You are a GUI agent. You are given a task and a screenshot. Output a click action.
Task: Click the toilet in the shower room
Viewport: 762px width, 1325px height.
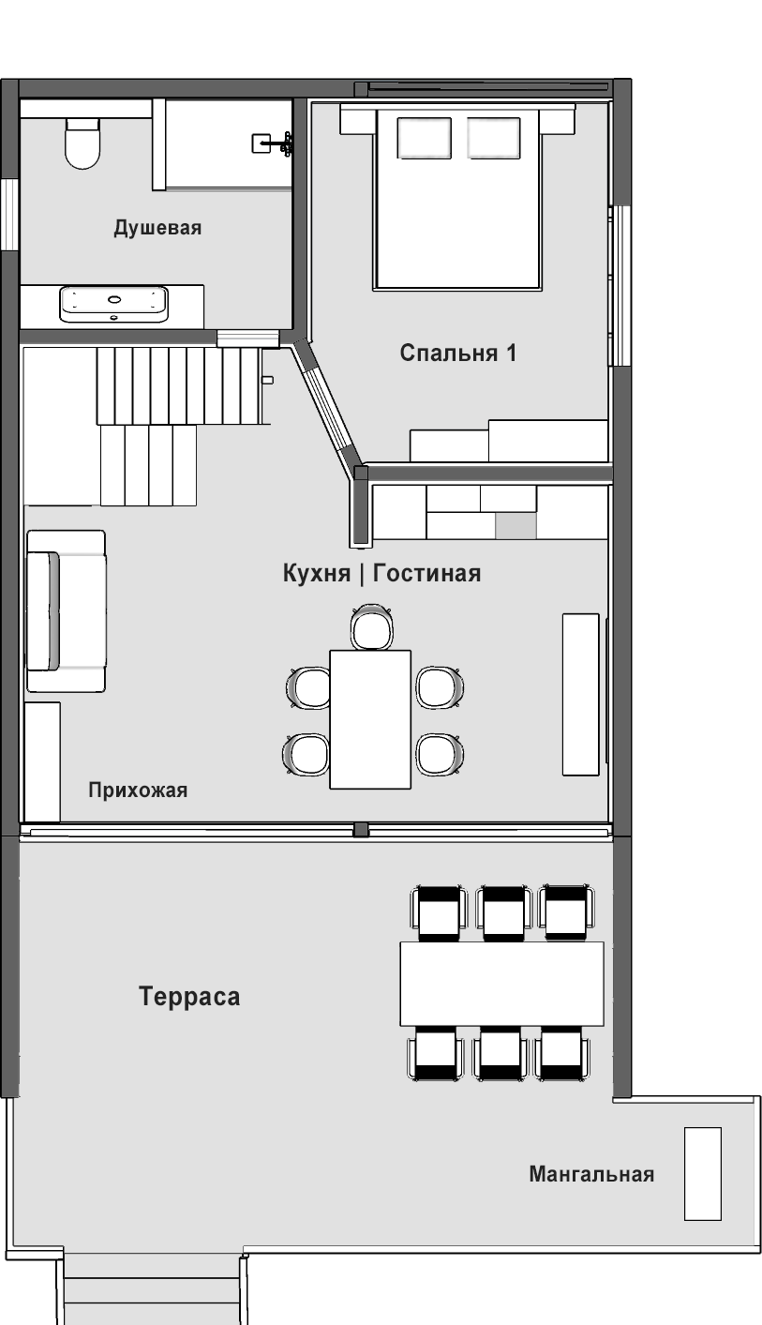(82, 143)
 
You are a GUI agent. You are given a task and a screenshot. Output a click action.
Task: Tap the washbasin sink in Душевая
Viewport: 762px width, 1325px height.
(113, 304)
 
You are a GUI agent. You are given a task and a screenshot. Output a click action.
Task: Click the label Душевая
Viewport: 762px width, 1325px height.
(157, 228)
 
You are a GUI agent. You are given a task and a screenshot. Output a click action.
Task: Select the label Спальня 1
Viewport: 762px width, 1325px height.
(458, 353)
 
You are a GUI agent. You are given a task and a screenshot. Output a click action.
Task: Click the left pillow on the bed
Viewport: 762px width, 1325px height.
(424, 138)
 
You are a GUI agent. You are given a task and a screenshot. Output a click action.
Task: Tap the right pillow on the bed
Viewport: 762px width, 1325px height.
(494, 138)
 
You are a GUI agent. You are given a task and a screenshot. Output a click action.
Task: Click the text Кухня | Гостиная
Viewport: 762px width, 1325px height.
(381, 573)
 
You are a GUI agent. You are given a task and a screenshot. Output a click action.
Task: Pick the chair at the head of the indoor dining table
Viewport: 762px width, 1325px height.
(372, 627)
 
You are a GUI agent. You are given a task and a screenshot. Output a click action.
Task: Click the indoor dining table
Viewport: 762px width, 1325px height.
(370, 719)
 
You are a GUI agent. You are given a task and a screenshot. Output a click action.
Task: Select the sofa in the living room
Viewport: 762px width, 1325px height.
(67, 611)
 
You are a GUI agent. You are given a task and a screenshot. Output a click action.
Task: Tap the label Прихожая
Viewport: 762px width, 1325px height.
(138, 790)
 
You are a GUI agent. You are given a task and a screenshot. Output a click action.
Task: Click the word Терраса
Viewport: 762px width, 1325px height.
(189, 996)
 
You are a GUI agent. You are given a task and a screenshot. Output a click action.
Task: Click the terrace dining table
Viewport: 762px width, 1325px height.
(501, 984)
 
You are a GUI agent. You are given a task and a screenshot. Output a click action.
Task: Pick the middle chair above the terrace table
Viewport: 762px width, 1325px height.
(502, 912)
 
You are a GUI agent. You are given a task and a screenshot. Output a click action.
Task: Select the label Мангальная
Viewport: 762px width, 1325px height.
(591, 1174)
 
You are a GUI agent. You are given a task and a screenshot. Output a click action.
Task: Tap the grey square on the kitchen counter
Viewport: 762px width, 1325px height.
(515, 526)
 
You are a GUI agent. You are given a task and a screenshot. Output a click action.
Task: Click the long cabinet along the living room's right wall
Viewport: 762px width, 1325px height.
(580, 695)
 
